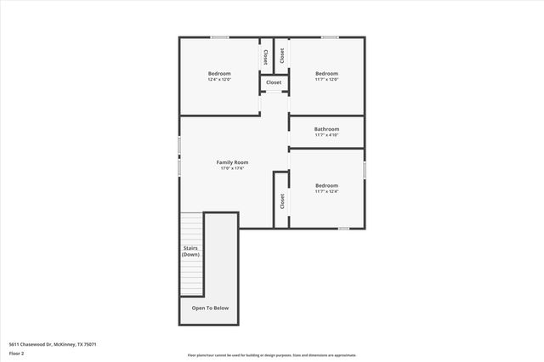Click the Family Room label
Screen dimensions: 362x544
tap(231, 161)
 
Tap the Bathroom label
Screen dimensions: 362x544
tap(326, 129)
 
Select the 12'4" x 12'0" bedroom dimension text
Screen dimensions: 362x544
tap(219, 80)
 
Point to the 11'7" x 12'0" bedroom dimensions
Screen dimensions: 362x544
tap(326, 80)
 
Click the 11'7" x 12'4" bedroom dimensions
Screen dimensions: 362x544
tap(326, 192)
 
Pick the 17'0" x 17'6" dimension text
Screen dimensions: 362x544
tap(231, 168)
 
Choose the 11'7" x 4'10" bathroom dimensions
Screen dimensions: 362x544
tap(326, 135)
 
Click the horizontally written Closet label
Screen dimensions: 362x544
tap(274, 82)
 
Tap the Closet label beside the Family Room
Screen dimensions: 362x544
tap(281, 201)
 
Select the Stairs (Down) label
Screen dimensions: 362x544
tap(191, 251)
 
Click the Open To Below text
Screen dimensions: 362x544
tap(210, 308)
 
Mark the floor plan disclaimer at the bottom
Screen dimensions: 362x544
tap(272, 355)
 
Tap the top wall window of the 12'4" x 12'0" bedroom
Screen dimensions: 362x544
tap(220, 37)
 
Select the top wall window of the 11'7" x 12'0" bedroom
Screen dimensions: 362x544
tap(329, 37)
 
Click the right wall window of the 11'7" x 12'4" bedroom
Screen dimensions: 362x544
tap(365, 169)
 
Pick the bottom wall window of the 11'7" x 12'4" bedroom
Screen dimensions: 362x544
tap(343, 229)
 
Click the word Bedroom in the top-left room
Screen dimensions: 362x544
tap(219, 73)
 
